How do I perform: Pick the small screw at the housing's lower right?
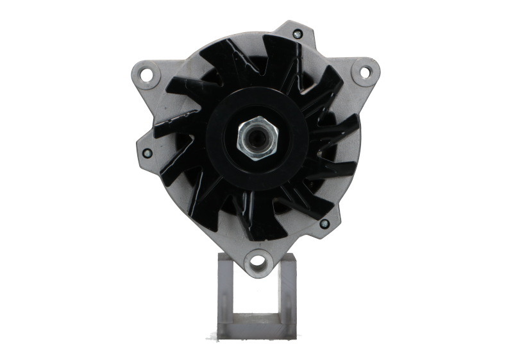click(324, 225)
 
